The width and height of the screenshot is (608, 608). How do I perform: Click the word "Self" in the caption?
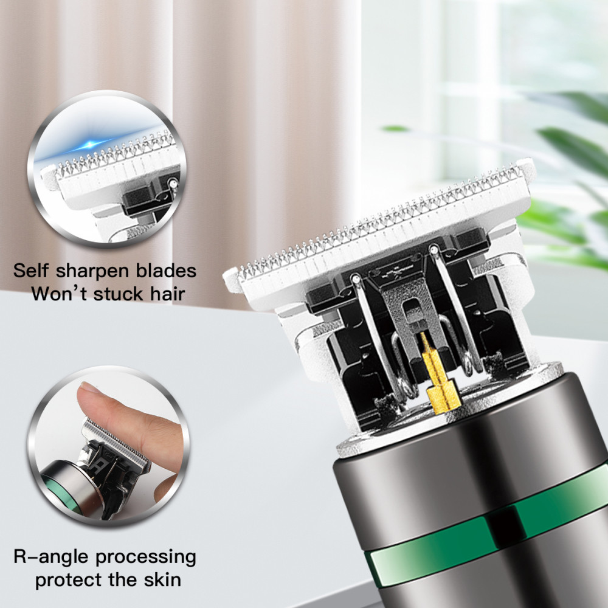pyautogui.click(x=31, y=271)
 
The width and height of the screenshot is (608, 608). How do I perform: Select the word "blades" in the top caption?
pyautogui.click(x=167, y=271)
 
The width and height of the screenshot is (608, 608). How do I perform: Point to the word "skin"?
pyautogui.click(x=162, y=579)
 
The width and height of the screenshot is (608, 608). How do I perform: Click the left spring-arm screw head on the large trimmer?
pyautogui.click(x=356, y=278)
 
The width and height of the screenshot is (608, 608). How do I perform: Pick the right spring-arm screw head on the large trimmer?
pyautogui.click(x=434, y=248)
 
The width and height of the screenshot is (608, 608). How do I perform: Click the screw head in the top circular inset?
pyautogui.click(x=173, y=182)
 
